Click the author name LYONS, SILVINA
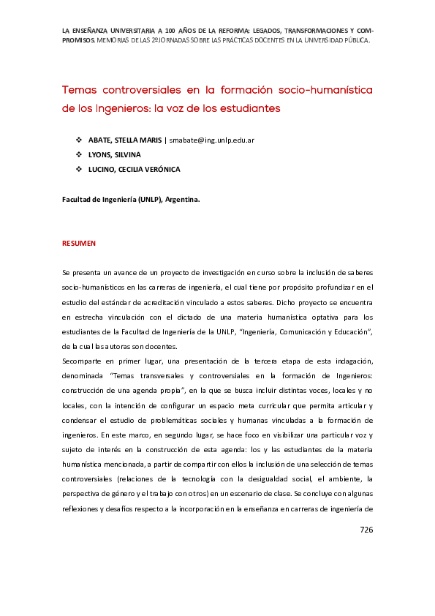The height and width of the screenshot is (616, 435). coord(114,154)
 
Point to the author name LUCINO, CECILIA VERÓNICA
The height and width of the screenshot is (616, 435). coord(134,169)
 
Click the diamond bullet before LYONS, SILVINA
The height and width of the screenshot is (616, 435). coord(79,154)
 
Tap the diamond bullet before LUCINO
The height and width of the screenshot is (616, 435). coord(79,169)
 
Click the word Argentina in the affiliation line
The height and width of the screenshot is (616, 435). coord(180,198)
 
